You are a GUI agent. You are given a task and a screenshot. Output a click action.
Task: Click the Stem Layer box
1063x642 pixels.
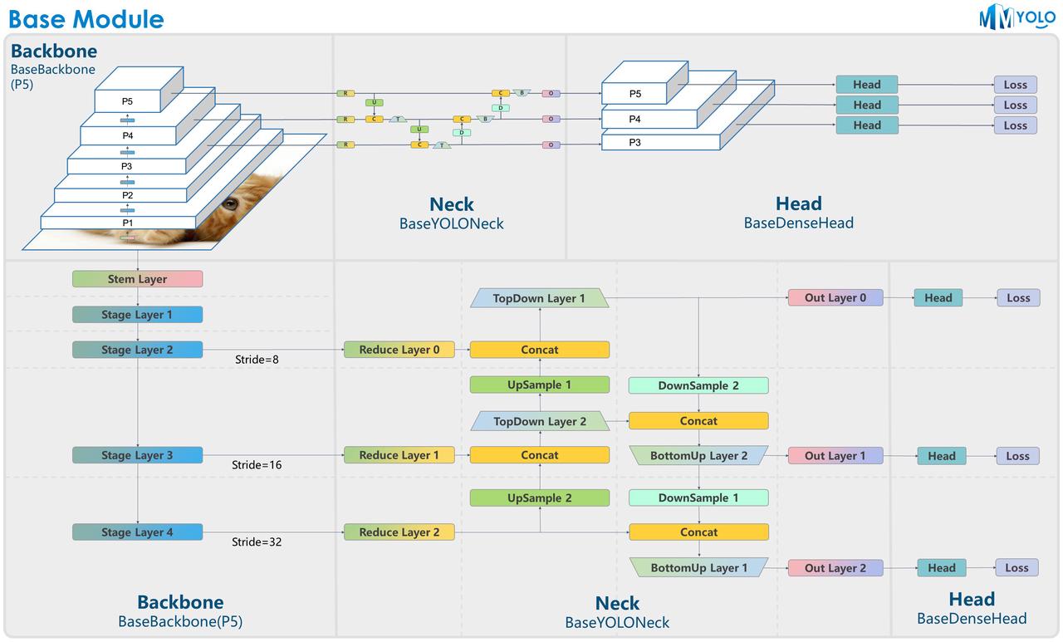click(137, 279)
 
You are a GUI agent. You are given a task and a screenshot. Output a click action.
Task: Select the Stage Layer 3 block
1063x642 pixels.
click(137, 455)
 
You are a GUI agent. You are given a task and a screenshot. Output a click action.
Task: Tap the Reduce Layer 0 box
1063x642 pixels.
click(399, 350)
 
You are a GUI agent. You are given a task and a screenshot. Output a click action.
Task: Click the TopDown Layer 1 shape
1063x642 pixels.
click(539, 298)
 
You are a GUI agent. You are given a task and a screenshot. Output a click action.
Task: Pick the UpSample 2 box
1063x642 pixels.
click(539, 498)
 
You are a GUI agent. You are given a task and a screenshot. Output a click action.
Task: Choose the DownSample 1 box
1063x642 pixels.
click(698, 498)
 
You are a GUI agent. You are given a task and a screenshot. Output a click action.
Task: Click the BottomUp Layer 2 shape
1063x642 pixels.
click(698, 456)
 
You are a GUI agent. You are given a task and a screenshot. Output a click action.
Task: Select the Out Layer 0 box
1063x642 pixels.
click(835, 298)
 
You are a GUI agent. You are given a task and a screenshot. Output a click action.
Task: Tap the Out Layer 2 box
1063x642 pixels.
click(835, 568)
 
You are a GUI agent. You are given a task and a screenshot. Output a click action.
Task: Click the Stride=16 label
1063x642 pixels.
click(257, 465)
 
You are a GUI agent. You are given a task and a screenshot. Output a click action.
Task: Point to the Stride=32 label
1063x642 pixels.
click(257, 542)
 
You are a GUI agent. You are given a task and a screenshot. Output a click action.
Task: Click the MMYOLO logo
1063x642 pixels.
click(1016, 17)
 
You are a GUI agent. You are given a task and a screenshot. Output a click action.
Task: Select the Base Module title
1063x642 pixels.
click(86, 19)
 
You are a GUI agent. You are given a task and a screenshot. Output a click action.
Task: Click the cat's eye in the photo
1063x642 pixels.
click(230, 204)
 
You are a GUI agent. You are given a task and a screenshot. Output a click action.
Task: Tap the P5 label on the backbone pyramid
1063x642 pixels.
click(127, 101)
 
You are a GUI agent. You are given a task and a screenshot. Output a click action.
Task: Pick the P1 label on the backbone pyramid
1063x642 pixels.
click(127, 223)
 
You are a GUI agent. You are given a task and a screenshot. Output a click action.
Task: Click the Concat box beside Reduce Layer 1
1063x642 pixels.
click(539, 455)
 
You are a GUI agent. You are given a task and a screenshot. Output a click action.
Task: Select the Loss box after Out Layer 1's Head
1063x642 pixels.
click(1017, 456)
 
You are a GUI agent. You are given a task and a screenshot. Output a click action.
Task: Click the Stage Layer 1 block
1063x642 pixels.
click(137, 315)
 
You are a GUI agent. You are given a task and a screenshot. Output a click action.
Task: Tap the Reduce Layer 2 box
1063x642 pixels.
click(399, 532)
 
